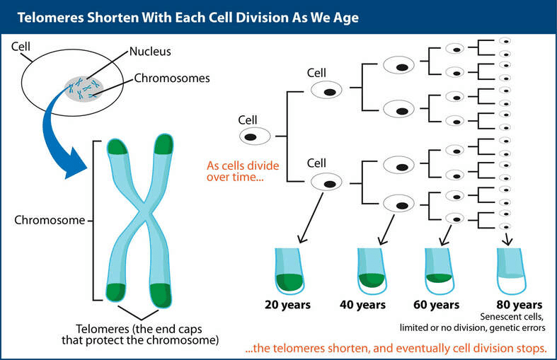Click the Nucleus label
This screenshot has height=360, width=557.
tap(150, 52)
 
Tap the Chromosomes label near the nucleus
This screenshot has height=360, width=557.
tap(172, 78)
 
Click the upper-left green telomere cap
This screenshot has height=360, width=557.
tap(117, 146)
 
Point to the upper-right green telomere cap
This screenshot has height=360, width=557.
tap(163, 144)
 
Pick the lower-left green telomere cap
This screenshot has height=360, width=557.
tap(115, 292)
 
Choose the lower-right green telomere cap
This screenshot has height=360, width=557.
tap(161, 296)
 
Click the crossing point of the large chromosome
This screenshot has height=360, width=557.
tap(145, 214)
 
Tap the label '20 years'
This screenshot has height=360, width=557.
tap(287, 305)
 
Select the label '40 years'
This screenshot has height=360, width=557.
tap(362, 305)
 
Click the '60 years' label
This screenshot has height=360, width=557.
tap(436, 305)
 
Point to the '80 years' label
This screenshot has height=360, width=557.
tap(519, 305)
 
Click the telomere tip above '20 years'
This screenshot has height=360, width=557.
tap(290, 272)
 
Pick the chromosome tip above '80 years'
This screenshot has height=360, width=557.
tap(512, 272)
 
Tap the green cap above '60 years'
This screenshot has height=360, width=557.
tap(439, 278)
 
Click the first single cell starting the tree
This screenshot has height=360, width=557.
tap(254, 137)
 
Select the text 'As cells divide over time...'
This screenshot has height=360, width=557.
tap(243, 171)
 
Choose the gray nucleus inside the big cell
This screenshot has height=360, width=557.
tap(84, 88)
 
